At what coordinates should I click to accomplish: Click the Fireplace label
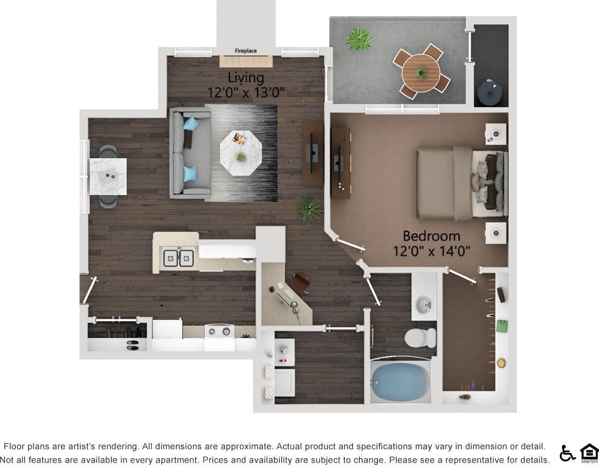point(246,51)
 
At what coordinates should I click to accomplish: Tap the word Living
point(246,77)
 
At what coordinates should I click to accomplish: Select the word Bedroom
point(431,236)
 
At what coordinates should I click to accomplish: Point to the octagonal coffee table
point(241,153)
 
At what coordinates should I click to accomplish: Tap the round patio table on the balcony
point(421,73)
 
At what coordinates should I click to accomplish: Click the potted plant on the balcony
point(359,40)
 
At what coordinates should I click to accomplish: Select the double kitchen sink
point(179,257)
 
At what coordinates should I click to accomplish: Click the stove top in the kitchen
point(219,331)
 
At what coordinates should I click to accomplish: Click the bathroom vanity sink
point(424,305)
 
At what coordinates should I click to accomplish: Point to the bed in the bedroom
point(460,183)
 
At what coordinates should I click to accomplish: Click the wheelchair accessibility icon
point(567,453)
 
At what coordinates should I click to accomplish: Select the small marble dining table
point(108,176)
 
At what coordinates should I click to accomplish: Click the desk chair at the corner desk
point(299,283)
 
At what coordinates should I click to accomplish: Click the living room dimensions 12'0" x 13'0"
point(246,93)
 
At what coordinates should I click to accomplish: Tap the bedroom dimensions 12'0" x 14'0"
point(431,251)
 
